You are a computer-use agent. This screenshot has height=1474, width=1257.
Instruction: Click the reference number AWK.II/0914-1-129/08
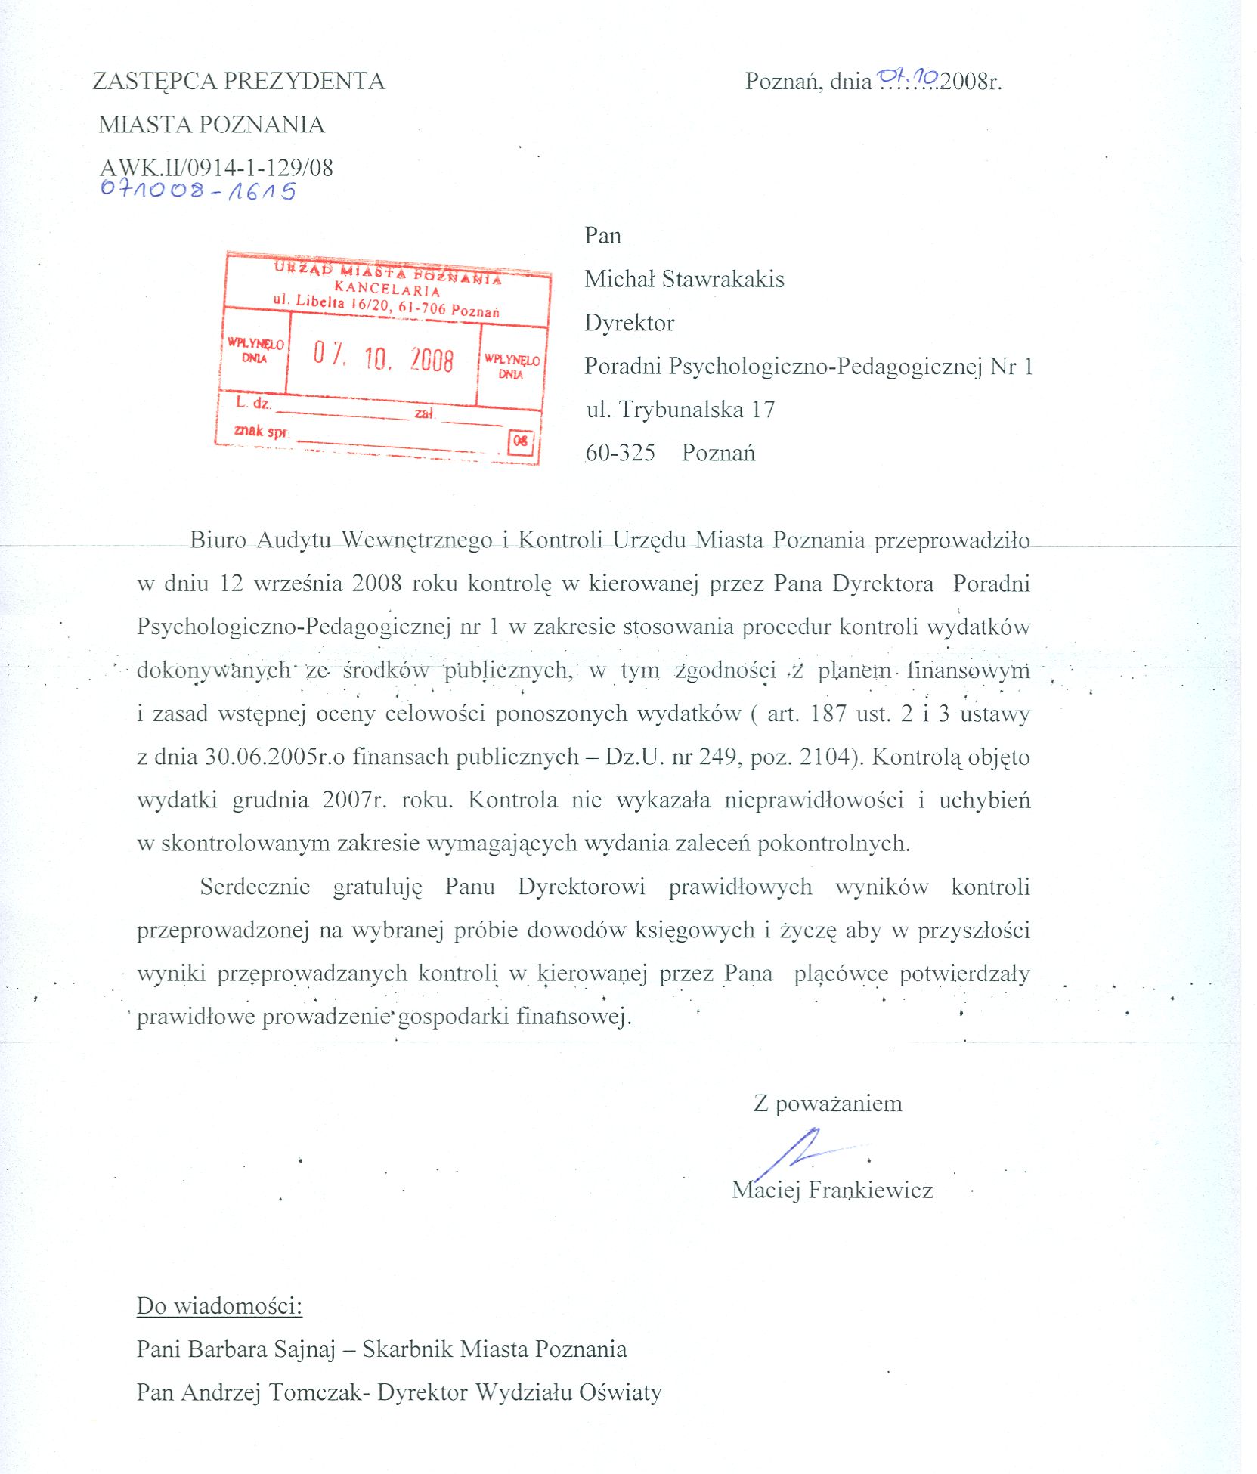[216, 167]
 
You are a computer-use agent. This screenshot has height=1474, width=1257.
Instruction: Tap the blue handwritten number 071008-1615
[198, 190]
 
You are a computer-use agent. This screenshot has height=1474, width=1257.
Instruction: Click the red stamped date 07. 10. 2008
[383, 358]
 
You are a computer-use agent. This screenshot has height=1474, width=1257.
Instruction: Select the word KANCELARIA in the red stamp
[387, 289]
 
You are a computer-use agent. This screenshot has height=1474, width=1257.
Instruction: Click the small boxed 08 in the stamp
[521, 441]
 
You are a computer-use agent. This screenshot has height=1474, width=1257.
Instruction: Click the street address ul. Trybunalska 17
[680, 410]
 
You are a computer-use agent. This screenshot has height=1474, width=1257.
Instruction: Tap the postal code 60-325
[621, 453]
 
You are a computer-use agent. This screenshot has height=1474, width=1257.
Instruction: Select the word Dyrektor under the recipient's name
[629, 323]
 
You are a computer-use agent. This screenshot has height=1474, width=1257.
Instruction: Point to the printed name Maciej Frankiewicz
[832, 1191]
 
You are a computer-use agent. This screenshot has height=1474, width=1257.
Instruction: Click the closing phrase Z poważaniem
[828, 1104]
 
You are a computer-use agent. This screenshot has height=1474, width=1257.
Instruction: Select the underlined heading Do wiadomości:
[219, 1306]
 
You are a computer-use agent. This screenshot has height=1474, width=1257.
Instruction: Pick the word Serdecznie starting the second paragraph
[255, 887]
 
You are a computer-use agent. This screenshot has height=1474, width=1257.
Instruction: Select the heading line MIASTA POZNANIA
[212, 124]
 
